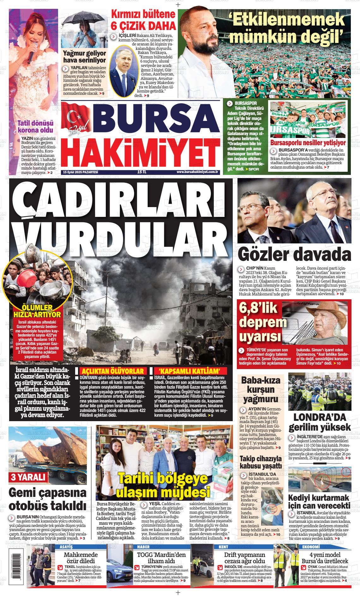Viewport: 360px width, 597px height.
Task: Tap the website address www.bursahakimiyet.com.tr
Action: click(198, 172)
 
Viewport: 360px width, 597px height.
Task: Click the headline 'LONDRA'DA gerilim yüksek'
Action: click(320, 422)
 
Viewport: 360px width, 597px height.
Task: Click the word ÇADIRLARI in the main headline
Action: click(122, 199)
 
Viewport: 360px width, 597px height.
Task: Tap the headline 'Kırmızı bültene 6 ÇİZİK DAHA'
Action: click(143, 20)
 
